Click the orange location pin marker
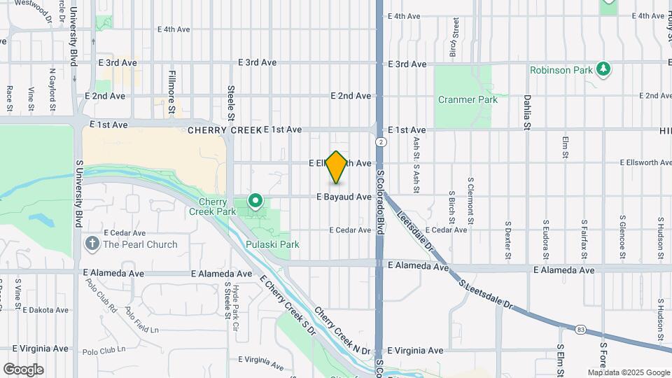click(337, 167)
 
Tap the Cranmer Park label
click(468, 99)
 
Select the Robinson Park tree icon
click(603, 69)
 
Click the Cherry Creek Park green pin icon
click(255, 202)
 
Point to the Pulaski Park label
click(273, 245)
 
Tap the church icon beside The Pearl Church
click(92, 244)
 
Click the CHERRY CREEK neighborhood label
click(224, 130)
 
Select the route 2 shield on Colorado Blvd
click(380, 142)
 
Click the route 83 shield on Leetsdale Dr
click(580, 329)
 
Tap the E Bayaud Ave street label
click(344, 197)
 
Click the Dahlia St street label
click(526, 112)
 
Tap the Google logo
click(23, 370)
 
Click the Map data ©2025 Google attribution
click(629, 372)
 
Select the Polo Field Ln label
click(142, 319)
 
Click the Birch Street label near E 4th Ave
click(454, 38)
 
